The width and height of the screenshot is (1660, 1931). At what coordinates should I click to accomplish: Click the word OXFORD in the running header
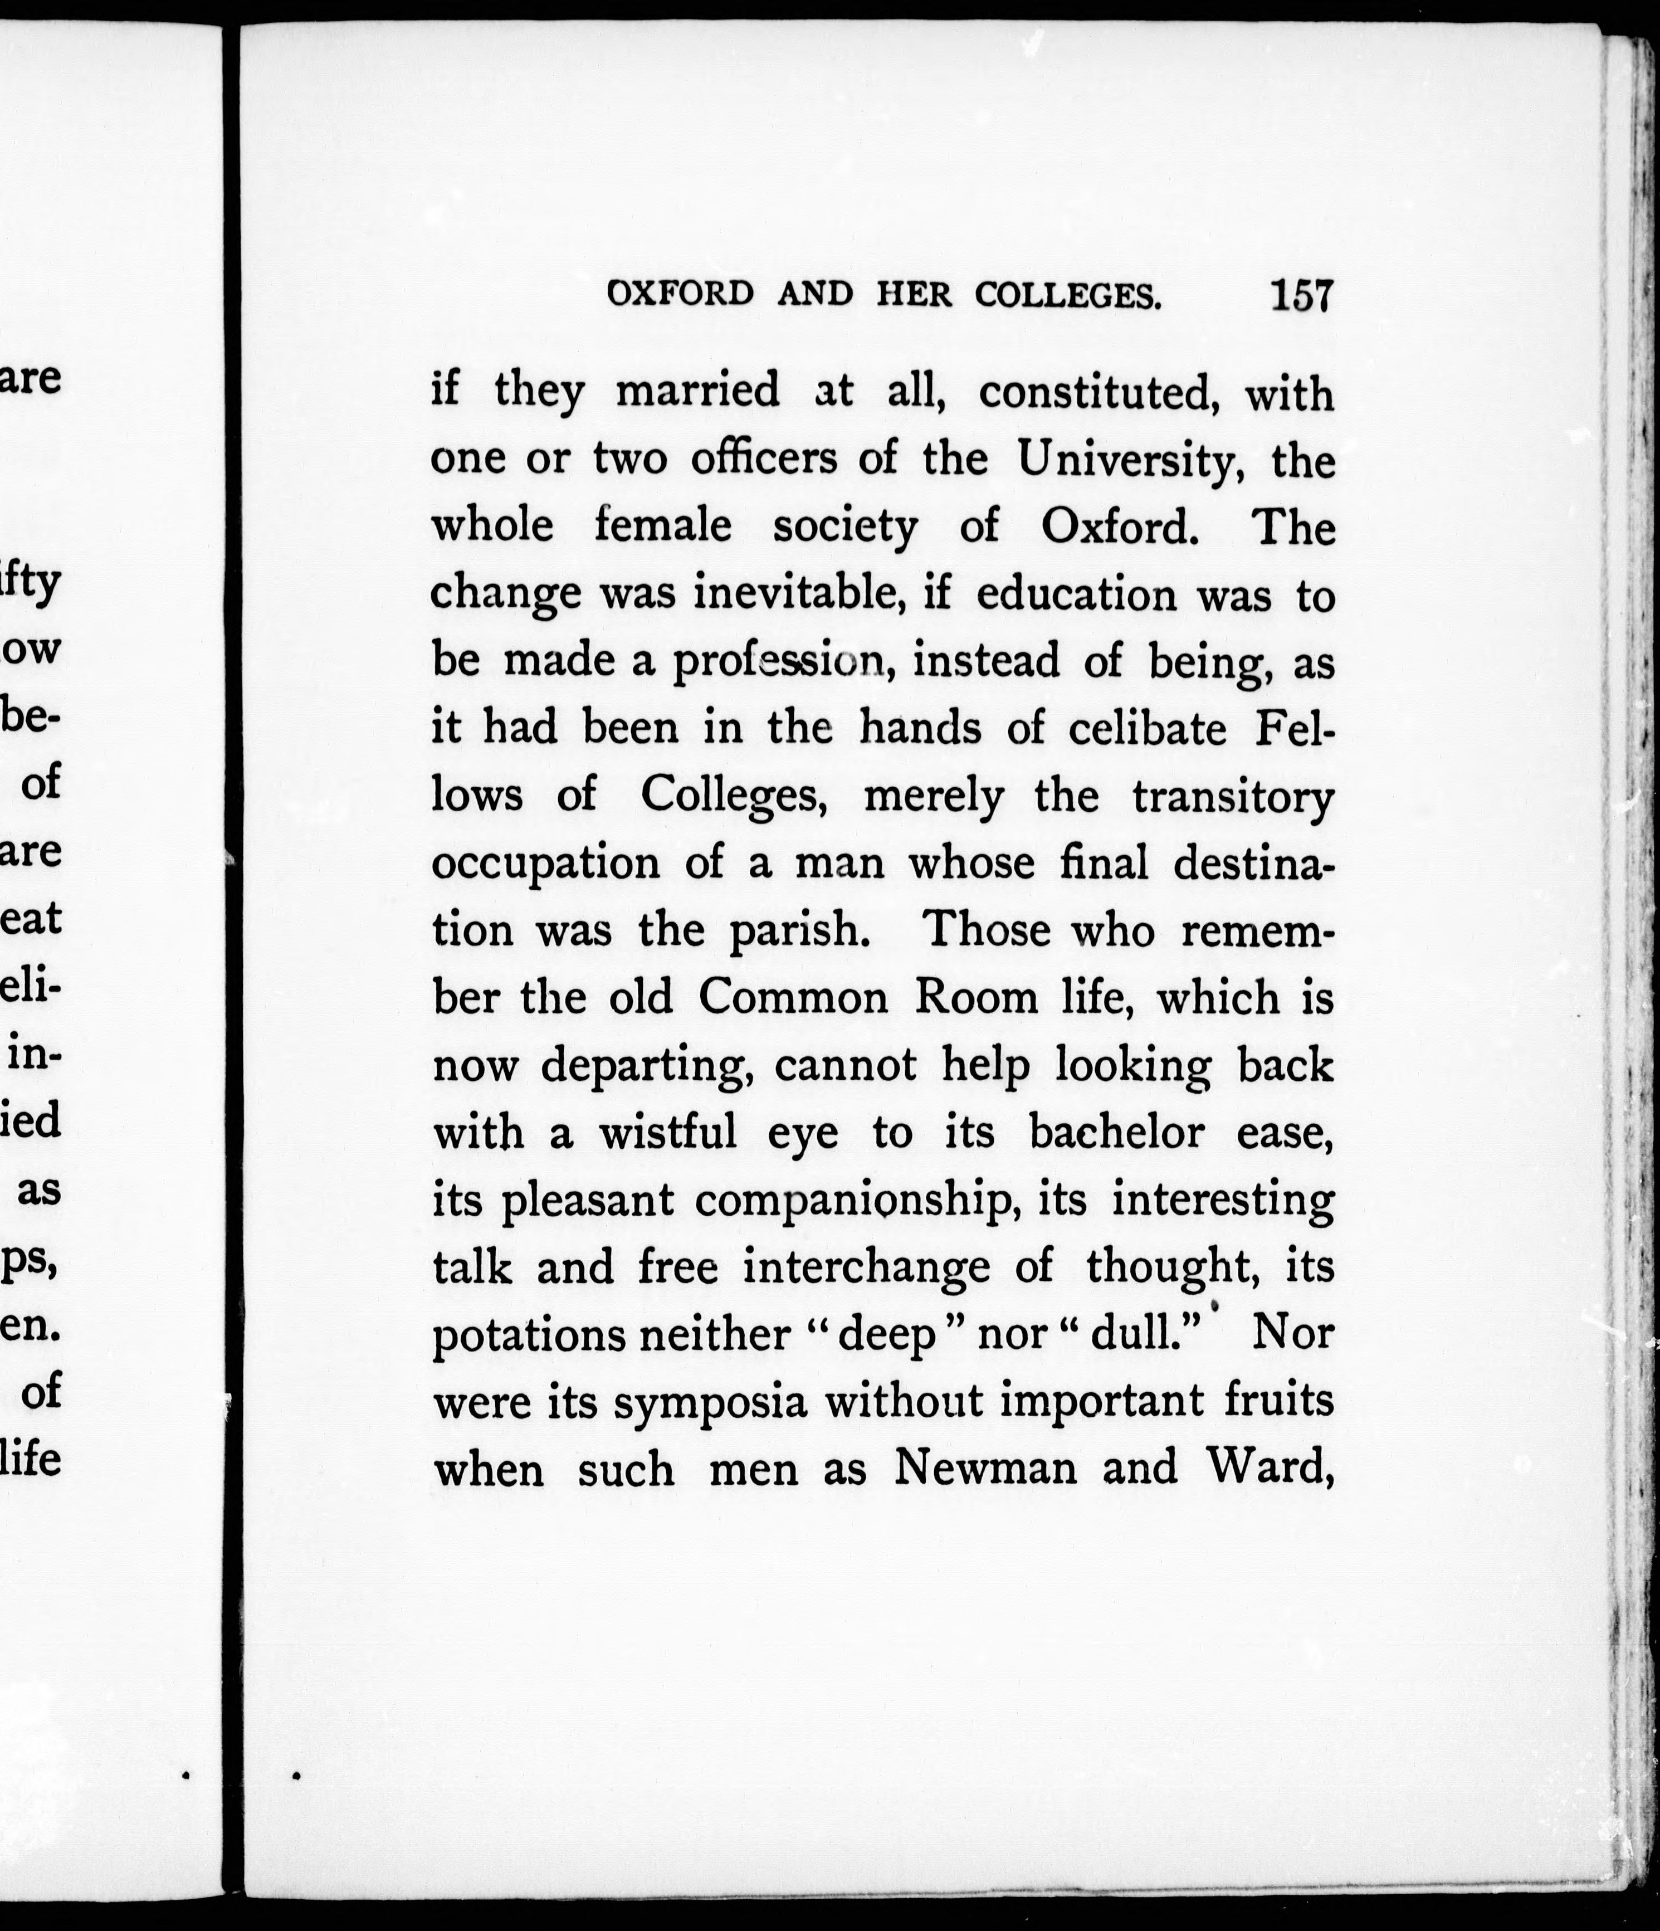pyautogui.click(x=680, y=295)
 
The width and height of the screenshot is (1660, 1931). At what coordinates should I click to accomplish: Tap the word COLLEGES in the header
pyautogui.click(x=1068, y=295)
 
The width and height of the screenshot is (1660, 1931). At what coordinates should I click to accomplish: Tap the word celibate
pyautogui.click(x=1148, y=728)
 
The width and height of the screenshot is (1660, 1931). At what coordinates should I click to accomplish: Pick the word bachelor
pyautogui.click(x=1117, y=1132)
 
